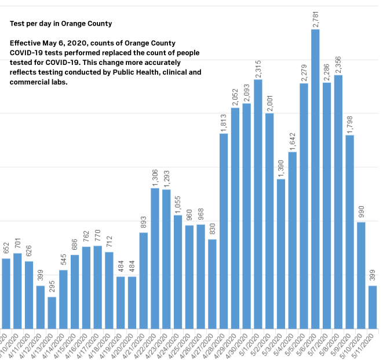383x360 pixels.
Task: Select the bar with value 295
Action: (x=52, y=312)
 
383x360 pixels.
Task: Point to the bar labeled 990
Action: (x=361, y=275)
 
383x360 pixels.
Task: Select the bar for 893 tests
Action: (x=144, y=281)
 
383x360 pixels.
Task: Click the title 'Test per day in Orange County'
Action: (x=61, y=24)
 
